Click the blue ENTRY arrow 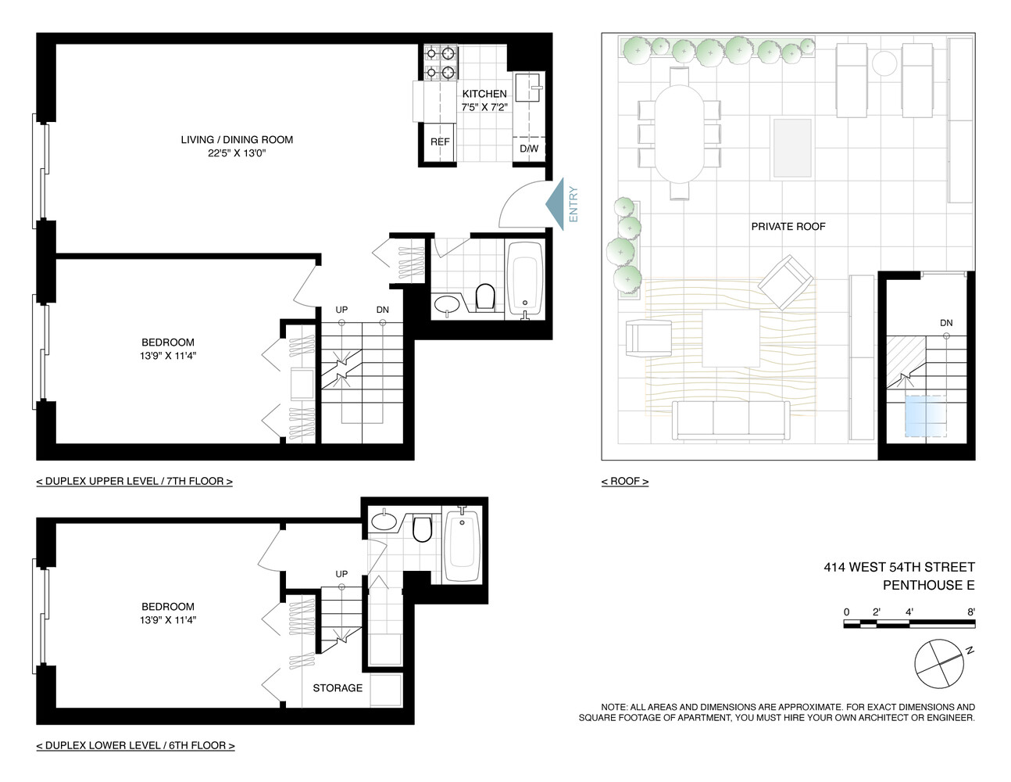pyautogui.click(x=556, y=204)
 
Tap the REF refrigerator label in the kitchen pyautogui.click(x=440, y=142)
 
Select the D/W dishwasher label pyautogui.click(x=529, y=149)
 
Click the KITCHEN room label pyautogui.click(x=484, y=94)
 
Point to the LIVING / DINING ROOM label pyautogui.click(x=237, y=140)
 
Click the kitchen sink pyautogui.click(x=527, y=88)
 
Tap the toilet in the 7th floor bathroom pyautogui.click(x=485, y=297)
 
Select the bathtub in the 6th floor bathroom pyautogui.click(x=461, y=543)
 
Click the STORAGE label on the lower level pyautogui.click(x=338, y=688)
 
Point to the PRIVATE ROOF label pyautogui.click(x=788, y=227)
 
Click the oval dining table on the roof pyautogui.click(x=679, y=134)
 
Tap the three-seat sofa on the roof pyautogui.click(x=731, y=420)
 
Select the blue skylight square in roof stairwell pyautogui.click(x=926, y=415)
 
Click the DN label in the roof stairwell pyautogui.click(x=946, y=323)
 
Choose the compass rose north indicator pyautogui.click(x=940, y=664)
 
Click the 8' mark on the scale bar pyautogui.click(x=971, y=612)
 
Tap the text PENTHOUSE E pyautogui.click(x=928, y=585)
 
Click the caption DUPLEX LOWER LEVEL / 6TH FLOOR pyautogui.click(x=135, y=746)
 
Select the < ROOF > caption pyautogui.click(x=624, y=482)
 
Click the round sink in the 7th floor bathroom pyautogui.click(x=447, y=303)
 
